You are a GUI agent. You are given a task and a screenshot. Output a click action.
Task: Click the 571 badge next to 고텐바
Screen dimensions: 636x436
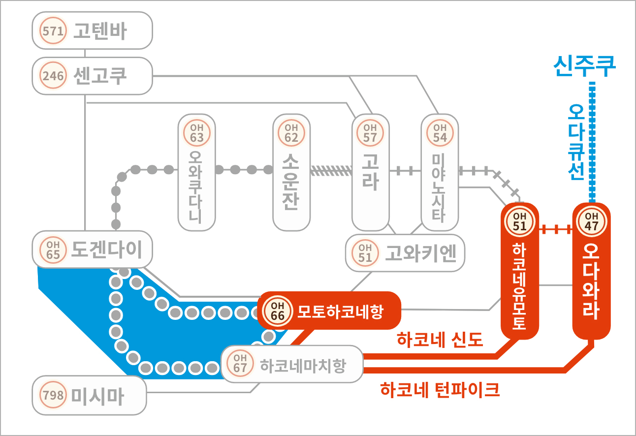click(x=53, y=31)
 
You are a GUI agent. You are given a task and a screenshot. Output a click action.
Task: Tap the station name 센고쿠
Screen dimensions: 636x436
click(x=100, y=76)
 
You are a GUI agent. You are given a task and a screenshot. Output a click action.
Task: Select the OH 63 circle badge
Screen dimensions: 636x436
click(x=197, y=133)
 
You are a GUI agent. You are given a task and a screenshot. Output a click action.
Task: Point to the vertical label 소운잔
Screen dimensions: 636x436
click(x=291, y=182)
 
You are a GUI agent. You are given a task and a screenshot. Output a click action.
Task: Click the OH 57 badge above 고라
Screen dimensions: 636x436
click(x=370, y=133)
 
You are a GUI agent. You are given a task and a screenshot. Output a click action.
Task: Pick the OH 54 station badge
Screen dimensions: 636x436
click(x=440, y=133)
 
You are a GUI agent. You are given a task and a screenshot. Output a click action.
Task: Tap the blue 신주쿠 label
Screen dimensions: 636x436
click(x=585, y=66)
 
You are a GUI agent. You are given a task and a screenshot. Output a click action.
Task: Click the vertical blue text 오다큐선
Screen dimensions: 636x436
click(x=576, y=142)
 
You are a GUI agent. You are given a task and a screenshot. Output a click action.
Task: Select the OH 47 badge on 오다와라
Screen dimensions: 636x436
click(x=591, y=221)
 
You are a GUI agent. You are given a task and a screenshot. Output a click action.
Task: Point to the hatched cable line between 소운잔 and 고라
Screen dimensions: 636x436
click(x=331, y=171)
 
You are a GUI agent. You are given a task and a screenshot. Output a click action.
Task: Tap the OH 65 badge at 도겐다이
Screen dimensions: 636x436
click(x=53, y=250)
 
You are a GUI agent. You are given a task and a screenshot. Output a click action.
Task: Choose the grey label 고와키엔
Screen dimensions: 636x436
click(x=420, y=253)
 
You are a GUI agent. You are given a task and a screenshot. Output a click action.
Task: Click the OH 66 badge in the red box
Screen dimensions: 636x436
click(x=277, y=311)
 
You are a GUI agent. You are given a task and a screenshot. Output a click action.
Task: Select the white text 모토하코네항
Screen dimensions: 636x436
click(x=341, y=311)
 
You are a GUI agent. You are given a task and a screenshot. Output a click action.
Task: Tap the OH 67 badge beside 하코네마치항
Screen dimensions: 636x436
click(x=240, y=363)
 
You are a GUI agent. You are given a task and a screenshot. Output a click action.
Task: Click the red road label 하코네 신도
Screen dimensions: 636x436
click(x=440, y=340)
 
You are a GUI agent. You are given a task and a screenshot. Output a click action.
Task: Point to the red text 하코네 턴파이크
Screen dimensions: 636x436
click(x=440, y=390)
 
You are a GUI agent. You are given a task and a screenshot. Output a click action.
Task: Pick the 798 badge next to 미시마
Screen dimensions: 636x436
click(x=53, y=395)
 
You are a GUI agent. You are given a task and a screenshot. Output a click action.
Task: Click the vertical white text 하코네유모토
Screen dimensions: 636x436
click(x=519, y=286)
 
